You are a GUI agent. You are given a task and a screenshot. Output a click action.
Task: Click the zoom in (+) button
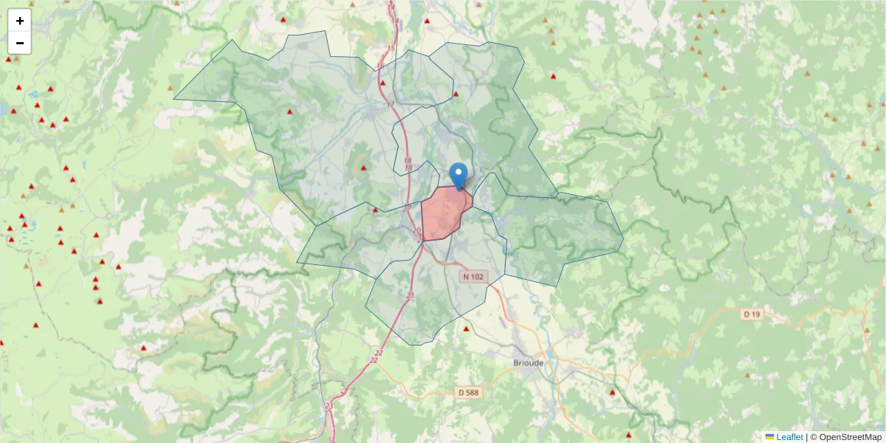[x=20, y=21]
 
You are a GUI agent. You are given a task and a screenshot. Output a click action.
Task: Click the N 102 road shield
[x=473, y=277]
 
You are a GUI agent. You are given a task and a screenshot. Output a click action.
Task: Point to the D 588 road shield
[x=467, y=392]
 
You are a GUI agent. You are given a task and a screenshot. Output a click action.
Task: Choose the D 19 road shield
[x=752, y=315]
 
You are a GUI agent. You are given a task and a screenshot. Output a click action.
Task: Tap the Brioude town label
[x=528, y=363]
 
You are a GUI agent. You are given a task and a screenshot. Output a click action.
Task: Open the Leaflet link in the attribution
[x=789, y=437]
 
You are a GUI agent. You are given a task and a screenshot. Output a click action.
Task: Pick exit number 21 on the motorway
[x=411, y=295]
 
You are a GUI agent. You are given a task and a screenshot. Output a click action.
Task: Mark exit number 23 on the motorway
[x=329, y=406]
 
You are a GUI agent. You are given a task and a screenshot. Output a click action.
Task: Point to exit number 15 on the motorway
[x=391, y=49]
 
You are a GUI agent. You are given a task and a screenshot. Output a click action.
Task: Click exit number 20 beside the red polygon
[x=417, y=231]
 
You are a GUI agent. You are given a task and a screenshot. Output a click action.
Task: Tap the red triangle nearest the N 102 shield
[x=466, y=329]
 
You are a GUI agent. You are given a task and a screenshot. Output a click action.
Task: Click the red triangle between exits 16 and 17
[x=382, y=83]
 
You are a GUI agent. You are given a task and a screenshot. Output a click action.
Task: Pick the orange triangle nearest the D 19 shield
[x=749, y=375]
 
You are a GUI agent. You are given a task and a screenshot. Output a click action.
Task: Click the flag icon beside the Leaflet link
[x=769, y=437]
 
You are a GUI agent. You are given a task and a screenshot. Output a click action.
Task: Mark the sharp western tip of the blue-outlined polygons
[x=174, y=98]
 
